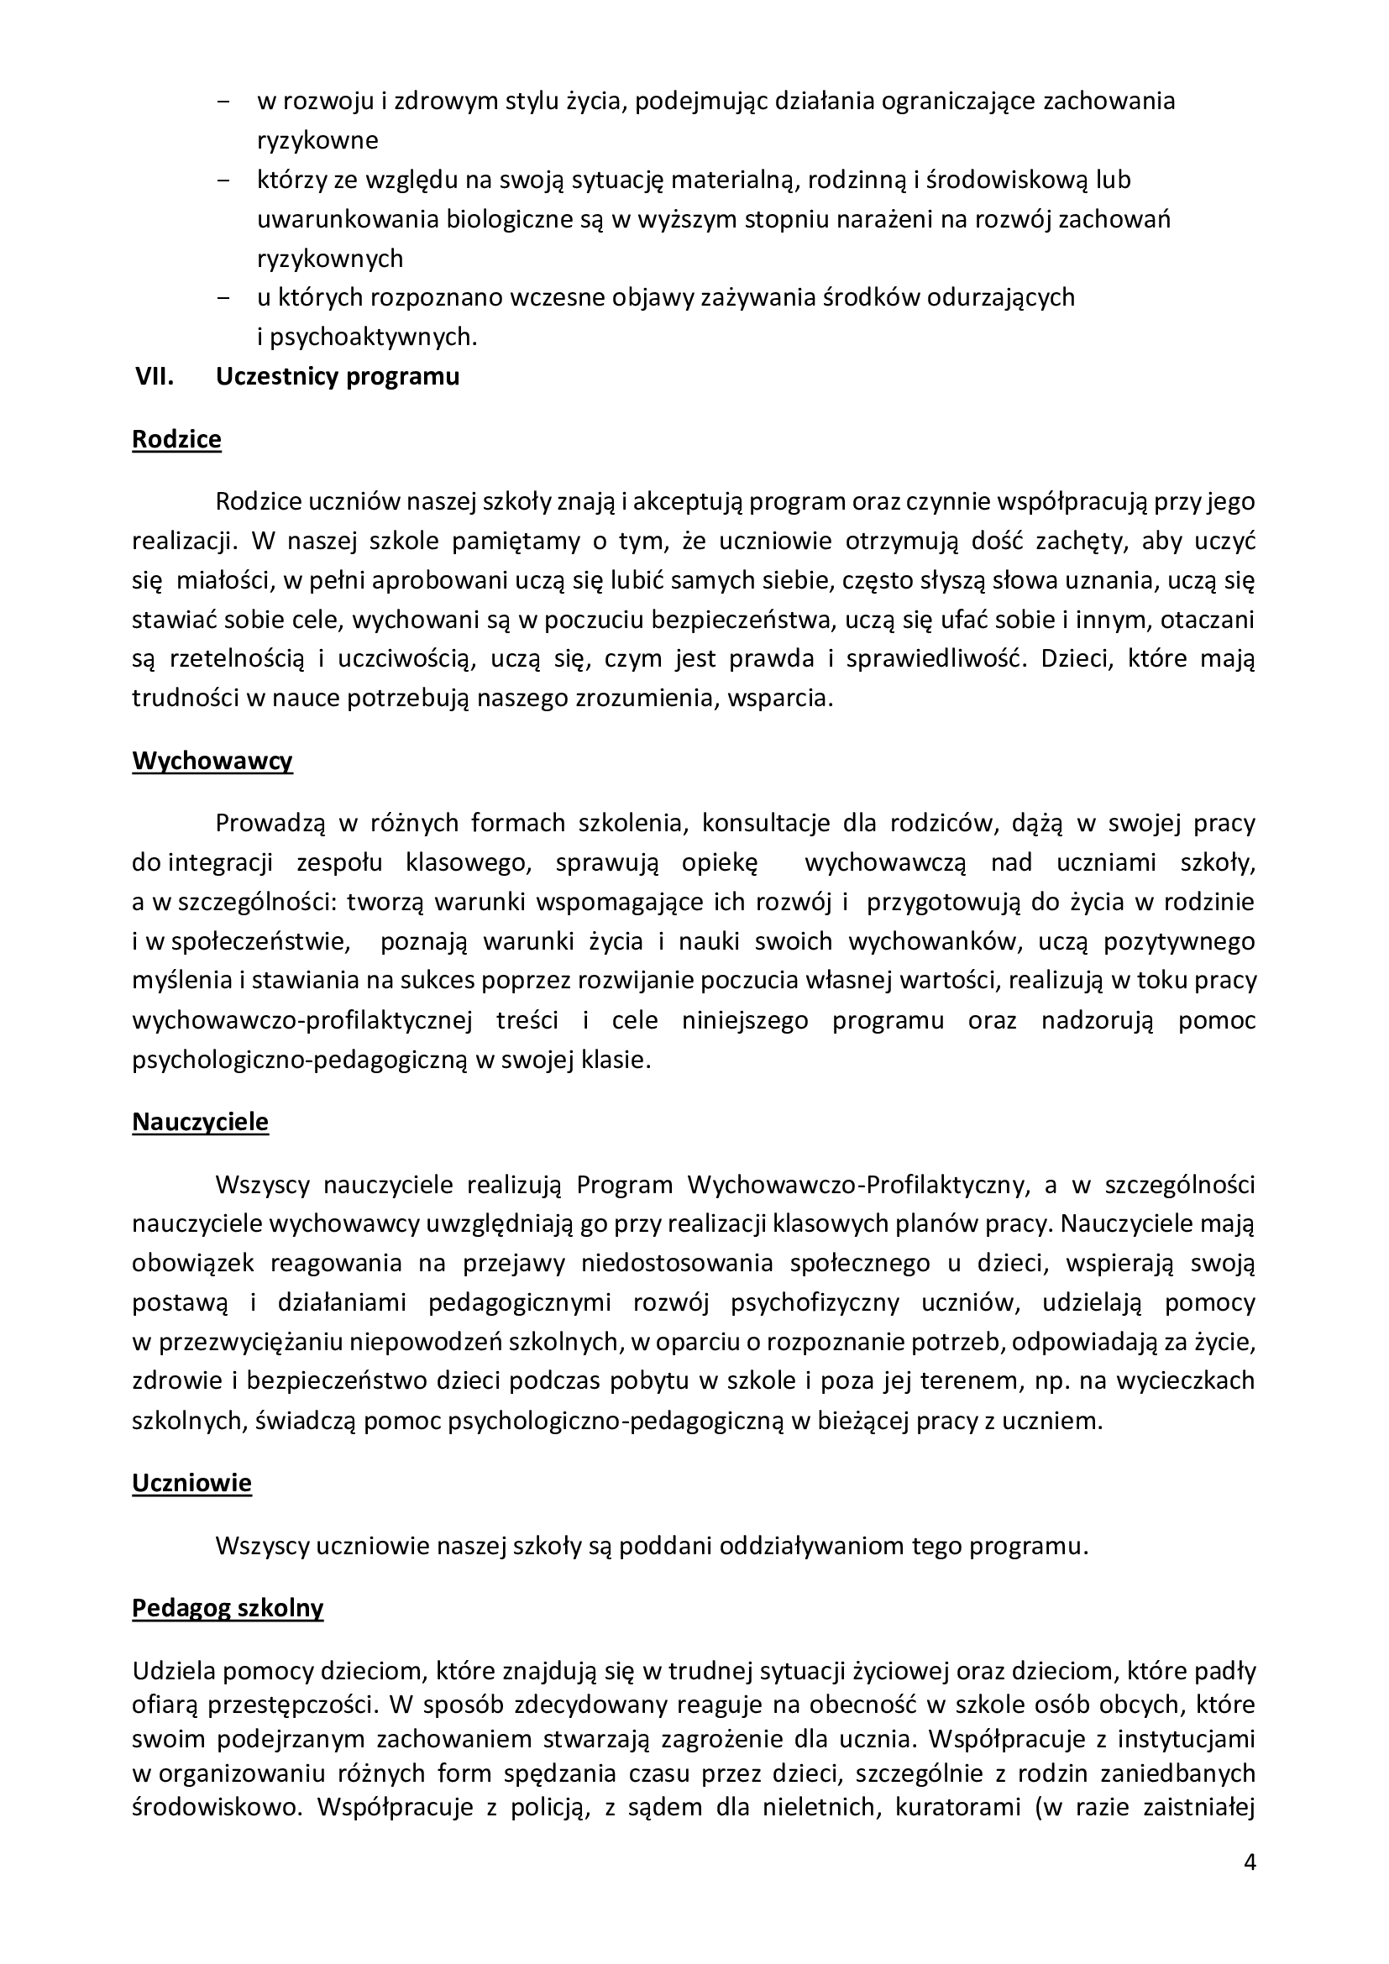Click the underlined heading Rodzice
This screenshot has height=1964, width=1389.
[176, 440]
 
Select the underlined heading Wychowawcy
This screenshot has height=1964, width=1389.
[212, 762]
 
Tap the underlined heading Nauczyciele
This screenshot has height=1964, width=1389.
[200, 1123]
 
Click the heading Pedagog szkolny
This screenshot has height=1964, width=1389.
[228, 1609]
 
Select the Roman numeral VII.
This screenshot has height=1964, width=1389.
[155, 377]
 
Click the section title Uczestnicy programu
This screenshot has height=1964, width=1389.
[338, 377]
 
